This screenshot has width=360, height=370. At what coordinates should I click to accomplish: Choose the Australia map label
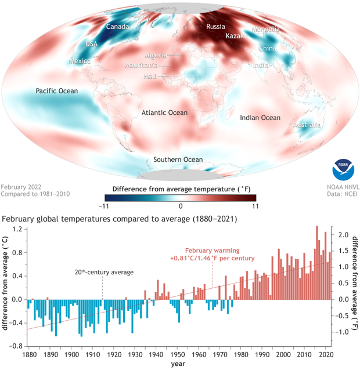pos(307,125)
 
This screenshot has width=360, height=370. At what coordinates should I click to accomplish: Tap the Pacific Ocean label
pos(56,90)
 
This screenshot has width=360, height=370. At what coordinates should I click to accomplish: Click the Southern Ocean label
pos(178,159)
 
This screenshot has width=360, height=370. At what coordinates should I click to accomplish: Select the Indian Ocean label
pos(260,118)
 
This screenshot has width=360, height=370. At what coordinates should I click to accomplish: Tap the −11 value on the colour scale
pos(105,206)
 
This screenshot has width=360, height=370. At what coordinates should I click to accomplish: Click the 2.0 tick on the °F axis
pos(343,235)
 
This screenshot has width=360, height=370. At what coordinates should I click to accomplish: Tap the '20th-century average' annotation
pos(103,272)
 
